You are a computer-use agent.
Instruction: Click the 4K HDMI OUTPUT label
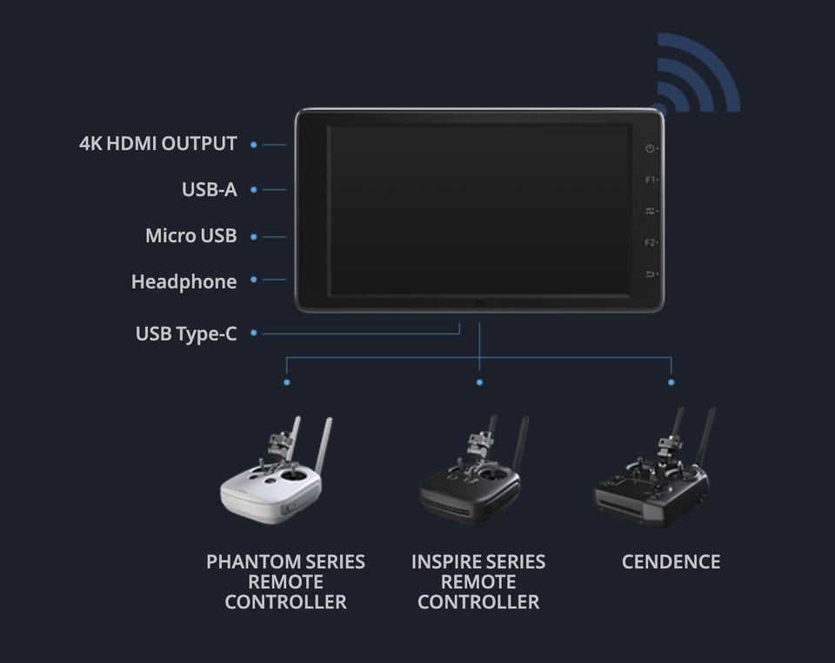(x=158, y=143)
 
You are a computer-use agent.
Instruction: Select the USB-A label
(x=210, y=190)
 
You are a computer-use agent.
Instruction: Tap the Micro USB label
(x=191, y=235)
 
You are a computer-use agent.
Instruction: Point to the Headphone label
(x=184, y=282)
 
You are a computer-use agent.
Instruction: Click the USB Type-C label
(x=186, y=335)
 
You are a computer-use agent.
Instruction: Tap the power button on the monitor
(x=650, y=149)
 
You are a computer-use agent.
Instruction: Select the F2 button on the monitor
(x=651, y=242)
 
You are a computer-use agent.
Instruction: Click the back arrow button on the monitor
(x=651, y=274)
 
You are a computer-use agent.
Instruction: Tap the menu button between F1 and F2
(x=651, y=211)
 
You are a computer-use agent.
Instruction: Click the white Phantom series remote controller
(x=273, y=473)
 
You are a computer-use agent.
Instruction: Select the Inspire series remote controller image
(x=472, y=470)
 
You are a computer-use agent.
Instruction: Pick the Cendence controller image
(x=653, y=468)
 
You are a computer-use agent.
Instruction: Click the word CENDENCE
(x=671, y=562)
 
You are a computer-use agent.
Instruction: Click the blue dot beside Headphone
(x=254, y=280)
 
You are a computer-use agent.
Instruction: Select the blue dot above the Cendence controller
(x=671, y=382)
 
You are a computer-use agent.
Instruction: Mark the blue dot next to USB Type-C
(x=254, y=333)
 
